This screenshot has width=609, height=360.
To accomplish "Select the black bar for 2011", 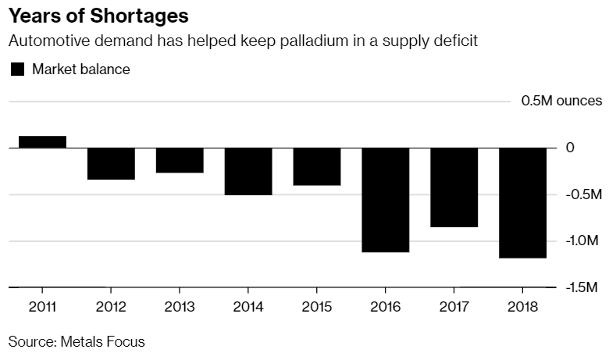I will (42, 141).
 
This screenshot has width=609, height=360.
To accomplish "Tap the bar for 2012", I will (111, 163).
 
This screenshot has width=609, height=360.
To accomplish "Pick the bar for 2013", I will (180, 160).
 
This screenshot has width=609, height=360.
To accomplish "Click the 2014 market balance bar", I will (248, 171).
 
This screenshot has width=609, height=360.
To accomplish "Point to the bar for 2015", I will (317, 166).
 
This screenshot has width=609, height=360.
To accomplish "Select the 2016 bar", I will (386, 200).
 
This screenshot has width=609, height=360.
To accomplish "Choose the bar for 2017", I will (454, 187).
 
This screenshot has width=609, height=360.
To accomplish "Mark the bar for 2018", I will (523, 202).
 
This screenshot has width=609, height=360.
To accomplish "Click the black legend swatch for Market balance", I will (17, 70).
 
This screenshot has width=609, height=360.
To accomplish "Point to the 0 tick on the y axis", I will (570, 148).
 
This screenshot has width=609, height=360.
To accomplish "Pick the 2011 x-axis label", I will (42, 305).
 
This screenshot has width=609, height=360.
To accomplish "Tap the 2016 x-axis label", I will (386, 305).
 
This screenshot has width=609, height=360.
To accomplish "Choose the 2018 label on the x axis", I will (523, 305).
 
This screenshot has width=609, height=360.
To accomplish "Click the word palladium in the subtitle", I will (305, 41).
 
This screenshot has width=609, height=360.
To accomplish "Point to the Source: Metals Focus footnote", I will (77, 341).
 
